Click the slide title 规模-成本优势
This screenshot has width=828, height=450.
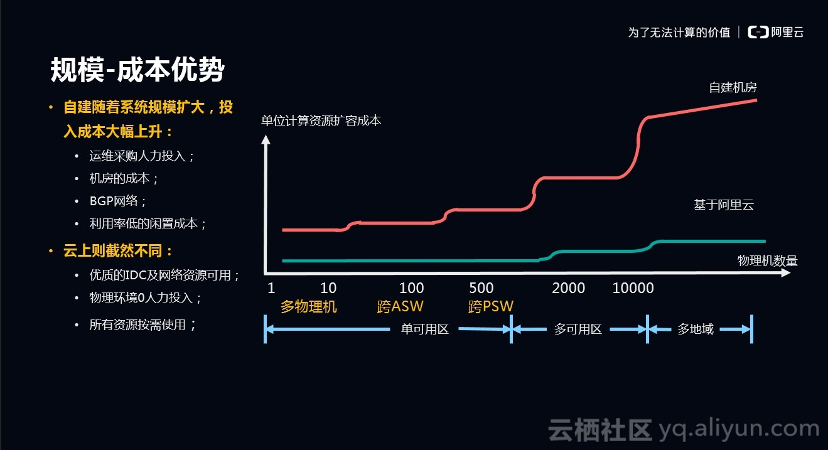click(137, 70)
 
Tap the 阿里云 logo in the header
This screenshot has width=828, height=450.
click(777, 33)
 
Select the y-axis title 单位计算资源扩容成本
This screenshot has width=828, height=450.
click(321, 121)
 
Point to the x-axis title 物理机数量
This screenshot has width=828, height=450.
click(767, 261)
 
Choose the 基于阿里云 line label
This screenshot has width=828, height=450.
click(723, 205)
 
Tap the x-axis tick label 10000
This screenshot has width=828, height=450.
click(633, 288)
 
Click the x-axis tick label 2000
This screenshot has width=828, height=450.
click(568, 288)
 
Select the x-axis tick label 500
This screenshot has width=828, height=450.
click(481, 288)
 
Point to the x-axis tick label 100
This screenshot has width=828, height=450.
click(411, 288)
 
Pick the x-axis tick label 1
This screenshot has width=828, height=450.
click(271, 288)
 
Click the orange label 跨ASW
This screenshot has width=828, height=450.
click(400, 307)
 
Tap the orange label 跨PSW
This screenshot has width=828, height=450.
click(490, 307)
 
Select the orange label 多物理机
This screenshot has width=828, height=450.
click(308, 307)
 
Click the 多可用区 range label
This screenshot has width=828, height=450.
click(578, 329)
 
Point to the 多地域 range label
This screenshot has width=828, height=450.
click(695, 329)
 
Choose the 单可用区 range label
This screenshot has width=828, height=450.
click(424, 329)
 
